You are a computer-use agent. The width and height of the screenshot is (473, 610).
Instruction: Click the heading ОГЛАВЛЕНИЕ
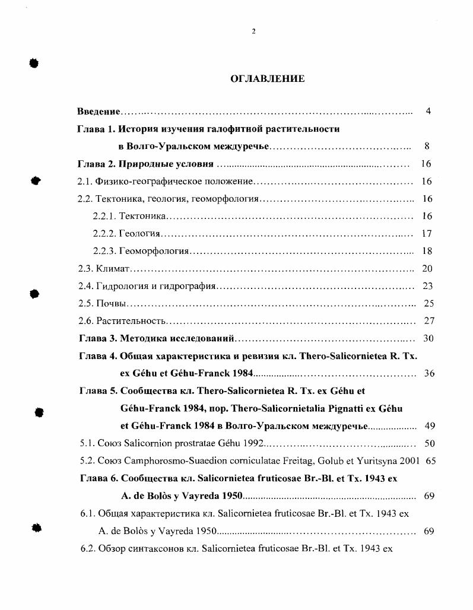click(x=267, y=78)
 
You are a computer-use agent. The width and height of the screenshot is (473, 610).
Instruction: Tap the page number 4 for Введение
click(x=428, y=111)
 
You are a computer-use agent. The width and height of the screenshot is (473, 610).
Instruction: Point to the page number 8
click(x=427, y=146)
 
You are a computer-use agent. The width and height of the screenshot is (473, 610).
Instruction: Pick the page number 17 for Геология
click(x=427, y=234)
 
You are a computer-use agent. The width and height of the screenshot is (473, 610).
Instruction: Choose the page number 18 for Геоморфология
click(x=427, y=251)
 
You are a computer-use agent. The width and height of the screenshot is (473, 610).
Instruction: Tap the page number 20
click(x=427, y=269)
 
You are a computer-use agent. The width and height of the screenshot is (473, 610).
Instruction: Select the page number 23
click(x=427, y=286)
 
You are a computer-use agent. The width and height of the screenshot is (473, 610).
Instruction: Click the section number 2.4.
click(x=86, y=286)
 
